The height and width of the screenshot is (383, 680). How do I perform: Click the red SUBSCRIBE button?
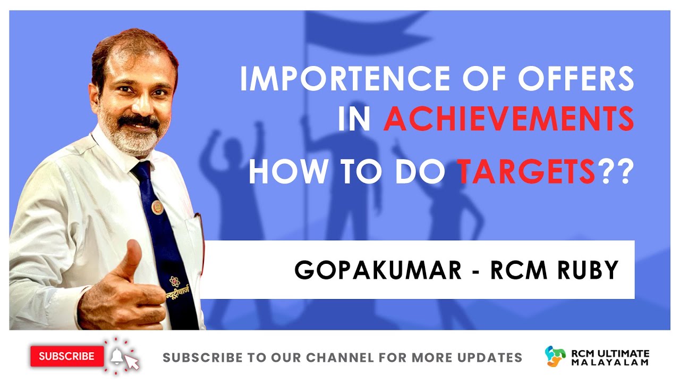pyautogui.click(x=66, y=356)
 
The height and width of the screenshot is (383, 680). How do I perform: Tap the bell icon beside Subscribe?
pyautogui.click(x=116, y=355)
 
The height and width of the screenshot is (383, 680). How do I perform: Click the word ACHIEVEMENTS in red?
pyautogui.click(x=508, y=120)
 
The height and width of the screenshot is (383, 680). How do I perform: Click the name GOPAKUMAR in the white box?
pyautogui.click(x=378, y=270)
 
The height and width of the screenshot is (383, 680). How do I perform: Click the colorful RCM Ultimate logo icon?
pyautogui.click(x=556, y=356)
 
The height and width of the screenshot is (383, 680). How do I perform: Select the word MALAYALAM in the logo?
pyautogui.click(x=610, y=362)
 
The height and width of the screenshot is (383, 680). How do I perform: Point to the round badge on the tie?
pyautogui.click(x=157, y=206)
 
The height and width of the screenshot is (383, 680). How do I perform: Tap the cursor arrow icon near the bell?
pyautogui.click(x=132, y=363)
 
